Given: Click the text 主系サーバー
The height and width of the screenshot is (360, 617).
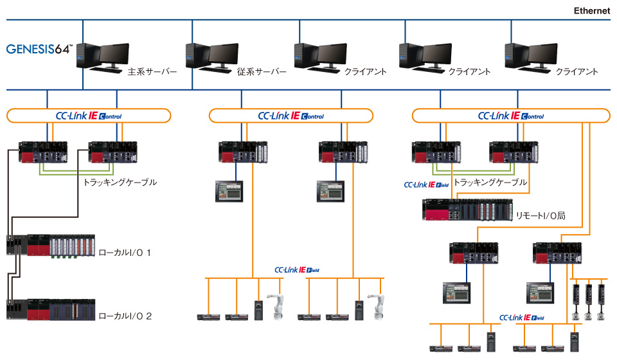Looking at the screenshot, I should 152,72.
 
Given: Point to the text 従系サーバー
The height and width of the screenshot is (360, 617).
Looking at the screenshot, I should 262,72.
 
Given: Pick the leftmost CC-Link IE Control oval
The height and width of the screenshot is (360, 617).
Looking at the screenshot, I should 89,116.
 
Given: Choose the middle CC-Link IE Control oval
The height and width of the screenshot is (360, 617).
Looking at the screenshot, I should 291,116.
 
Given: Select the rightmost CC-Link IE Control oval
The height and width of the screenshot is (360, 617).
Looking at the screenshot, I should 510,116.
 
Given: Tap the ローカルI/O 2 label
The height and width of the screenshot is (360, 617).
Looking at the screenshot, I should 125,316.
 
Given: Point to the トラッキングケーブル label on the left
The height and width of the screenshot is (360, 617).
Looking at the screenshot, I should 120,183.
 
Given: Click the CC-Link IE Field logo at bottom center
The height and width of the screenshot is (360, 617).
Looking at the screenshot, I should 296,270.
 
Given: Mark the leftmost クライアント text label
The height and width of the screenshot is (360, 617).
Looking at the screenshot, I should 366,72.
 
